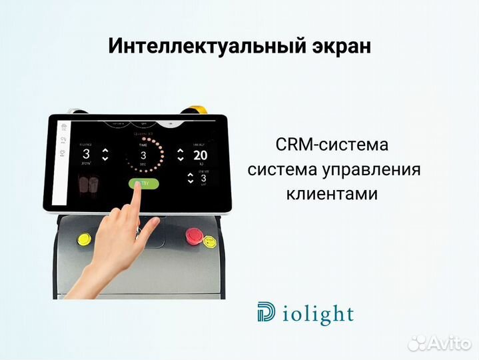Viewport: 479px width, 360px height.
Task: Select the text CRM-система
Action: pos(331,145)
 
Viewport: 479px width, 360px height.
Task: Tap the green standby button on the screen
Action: pos(144,184)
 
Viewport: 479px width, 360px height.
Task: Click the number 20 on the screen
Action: pos(200,155)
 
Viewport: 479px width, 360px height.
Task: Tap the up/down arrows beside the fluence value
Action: pos(105,155)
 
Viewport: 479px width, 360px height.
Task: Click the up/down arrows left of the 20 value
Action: pos(180,155)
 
